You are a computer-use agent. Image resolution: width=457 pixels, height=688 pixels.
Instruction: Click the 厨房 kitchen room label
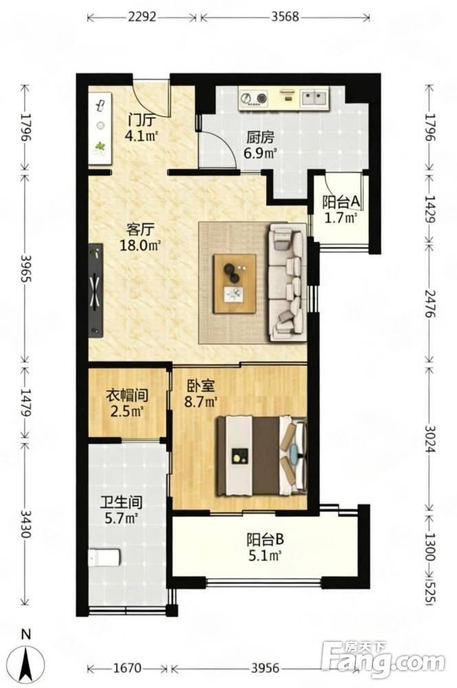click(260, 138)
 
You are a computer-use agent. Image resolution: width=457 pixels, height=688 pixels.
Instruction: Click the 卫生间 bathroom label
click(122, 503)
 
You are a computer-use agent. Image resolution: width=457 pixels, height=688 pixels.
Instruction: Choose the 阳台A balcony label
click(342, 202)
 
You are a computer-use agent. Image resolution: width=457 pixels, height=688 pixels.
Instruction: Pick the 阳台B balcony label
click(265, 539)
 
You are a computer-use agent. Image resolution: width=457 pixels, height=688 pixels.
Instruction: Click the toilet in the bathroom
click(104, 558)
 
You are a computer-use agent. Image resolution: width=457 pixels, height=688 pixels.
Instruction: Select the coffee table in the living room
click(235, 283)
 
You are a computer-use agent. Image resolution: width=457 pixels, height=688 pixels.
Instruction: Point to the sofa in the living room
click(287, 282)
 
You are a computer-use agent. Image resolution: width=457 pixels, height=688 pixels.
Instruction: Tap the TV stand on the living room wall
click(96, 290)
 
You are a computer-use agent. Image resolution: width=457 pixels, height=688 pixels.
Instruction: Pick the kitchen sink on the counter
click(314, 98)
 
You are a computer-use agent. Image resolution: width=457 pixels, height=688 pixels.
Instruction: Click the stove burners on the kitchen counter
click(254, 98)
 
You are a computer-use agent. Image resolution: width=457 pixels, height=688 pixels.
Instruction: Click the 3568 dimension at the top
click(285, 17)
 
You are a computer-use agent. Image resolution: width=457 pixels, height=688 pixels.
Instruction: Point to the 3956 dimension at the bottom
click(265, 668)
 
